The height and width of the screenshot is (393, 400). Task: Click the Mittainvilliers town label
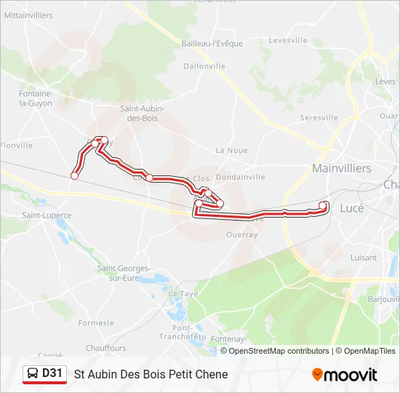click(28, 14)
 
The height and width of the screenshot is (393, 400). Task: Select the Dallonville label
click(206, 65)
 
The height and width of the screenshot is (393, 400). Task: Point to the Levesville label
click(289, 41)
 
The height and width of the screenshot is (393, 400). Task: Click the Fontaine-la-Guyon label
click(36, 98)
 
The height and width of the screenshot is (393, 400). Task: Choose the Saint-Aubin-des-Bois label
click(142, 113)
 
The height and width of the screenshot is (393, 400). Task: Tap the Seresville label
click(319, 117)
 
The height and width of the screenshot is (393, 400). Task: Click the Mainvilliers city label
click(341, 168)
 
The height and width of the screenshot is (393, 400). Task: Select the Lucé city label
click(352, 207)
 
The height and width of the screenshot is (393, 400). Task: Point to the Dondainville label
click(240, 177)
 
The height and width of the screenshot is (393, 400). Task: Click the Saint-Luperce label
click(47, 215)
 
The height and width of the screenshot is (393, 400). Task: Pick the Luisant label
click(364, 258)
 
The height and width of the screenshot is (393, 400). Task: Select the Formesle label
click(96, 322)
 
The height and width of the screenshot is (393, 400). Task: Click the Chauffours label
click(105, 348)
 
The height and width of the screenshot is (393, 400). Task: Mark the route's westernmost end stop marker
click(74, 175)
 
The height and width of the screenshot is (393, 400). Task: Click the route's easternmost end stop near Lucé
click(324, 205)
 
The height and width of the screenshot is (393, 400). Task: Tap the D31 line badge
click(45, 374)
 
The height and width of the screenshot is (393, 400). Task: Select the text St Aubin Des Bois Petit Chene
click(151, 374)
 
